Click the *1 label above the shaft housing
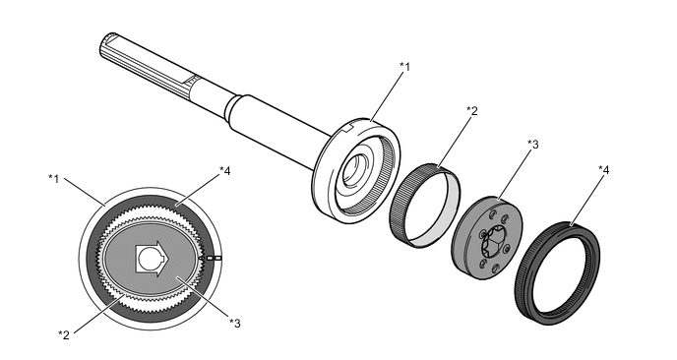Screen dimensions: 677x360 [x=404, y=67]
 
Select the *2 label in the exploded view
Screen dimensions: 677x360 [x=472, y=111]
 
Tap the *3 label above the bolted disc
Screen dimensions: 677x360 [x=532, y=145]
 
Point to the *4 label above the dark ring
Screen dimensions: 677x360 [x=603, y=170]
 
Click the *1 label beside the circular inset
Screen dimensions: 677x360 [x=53, y=178]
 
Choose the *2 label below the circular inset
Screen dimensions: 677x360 [x=64, y=335]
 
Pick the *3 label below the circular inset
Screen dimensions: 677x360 [x=235, y=323]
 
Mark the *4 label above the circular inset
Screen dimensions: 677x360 [x=225, y=171]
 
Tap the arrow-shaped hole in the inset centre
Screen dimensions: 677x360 [x=153, y=259]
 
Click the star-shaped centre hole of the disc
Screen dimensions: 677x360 [x=491, y=242]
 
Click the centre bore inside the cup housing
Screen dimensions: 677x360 [x=356, y=169]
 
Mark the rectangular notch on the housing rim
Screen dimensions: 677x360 [x=349, y=127]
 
